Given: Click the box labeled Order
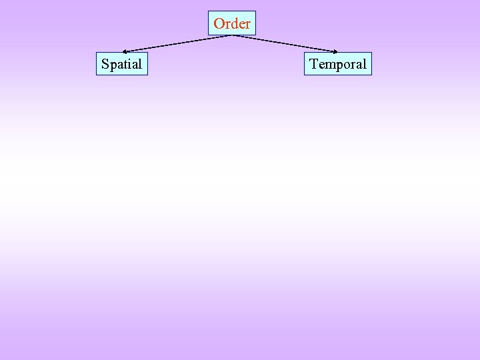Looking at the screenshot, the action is pyautogui.click(x=232, y=23).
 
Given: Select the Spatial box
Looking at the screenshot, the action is pyautogui.click(x=121, y=64).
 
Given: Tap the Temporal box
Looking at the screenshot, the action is pyautogui.click(x=337, y=64).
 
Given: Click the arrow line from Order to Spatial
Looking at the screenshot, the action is pyautogui.click(x=177, y=43).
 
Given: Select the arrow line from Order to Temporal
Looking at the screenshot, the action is pyautogui.click(x=285, y=43).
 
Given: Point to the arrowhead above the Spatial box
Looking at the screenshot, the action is pyautogui.click(x=125, y=51).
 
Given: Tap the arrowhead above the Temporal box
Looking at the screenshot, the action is pyautogui.click(x=337, y=51).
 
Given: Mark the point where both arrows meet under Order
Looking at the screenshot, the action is pyautogui.click(x=232, y=35).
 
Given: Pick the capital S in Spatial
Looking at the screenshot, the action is pyautogui.click(x=105, y=65).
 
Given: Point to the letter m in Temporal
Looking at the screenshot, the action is pyautogui.click(x=329, y=65).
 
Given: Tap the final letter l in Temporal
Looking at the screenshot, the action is pyautogui.click(x=364, y=64).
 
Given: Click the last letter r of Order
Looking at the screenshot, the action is pyautogui.click(x=248, y=25).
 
